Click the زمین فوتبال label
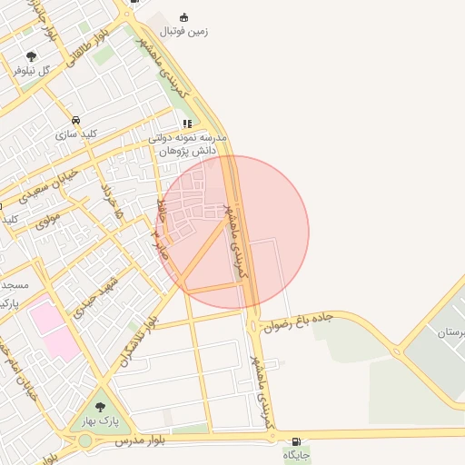point(184,32)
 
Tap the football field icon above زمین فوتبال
point(184,17)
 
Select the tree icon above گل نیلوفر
point(33,56)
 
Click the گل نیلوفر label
point(45,70)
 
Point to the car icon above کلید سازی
point(75,120)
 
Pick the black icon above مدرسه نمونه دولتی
point(187,124)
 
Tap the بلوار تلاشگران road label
point(137,341)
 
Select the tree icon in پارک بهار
point(100,407)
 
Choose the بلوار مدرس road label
point(141,440)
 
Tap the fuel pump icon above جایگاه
point(297,440)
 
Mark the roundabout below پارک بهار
point(84,440)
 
